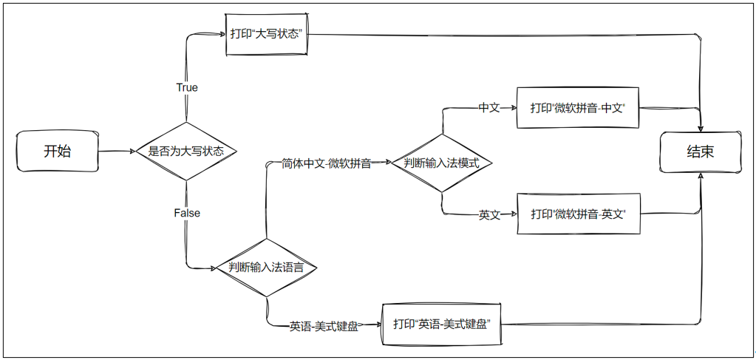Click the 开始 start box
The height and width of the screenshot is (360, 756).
coord(58,152)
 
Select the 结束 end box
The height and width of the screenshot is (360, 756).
coord(700,152)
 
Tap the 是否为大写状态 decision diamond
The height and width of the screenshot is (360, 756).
coord(186,152)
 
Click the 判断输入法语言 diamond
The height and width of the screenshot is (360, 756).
coord(266,268)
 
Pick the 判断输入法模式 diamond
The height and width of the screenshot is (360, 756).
coord(442,163)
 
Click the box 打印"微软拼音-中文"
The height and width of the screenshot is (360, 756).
coord(577,108)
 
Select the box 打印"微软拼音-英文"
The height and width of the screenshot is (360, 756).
coord(577,214)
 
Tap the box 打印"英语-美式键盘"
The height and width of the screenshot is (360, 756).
coord(442,324)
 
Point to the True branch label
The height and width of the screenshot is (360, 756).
coord(187,87)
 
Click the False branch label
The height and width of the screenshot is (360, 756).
coord(187,213)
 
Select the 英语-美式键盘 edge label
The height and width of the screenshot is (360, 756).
coord(324,325)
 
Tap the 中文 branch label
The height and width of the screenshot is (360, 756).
coord(489,108)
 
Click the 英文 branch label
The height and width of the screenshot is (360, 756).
coord(489,215)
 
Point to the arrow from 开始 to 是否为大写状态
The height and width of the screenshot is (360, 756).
coord(117,152)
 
